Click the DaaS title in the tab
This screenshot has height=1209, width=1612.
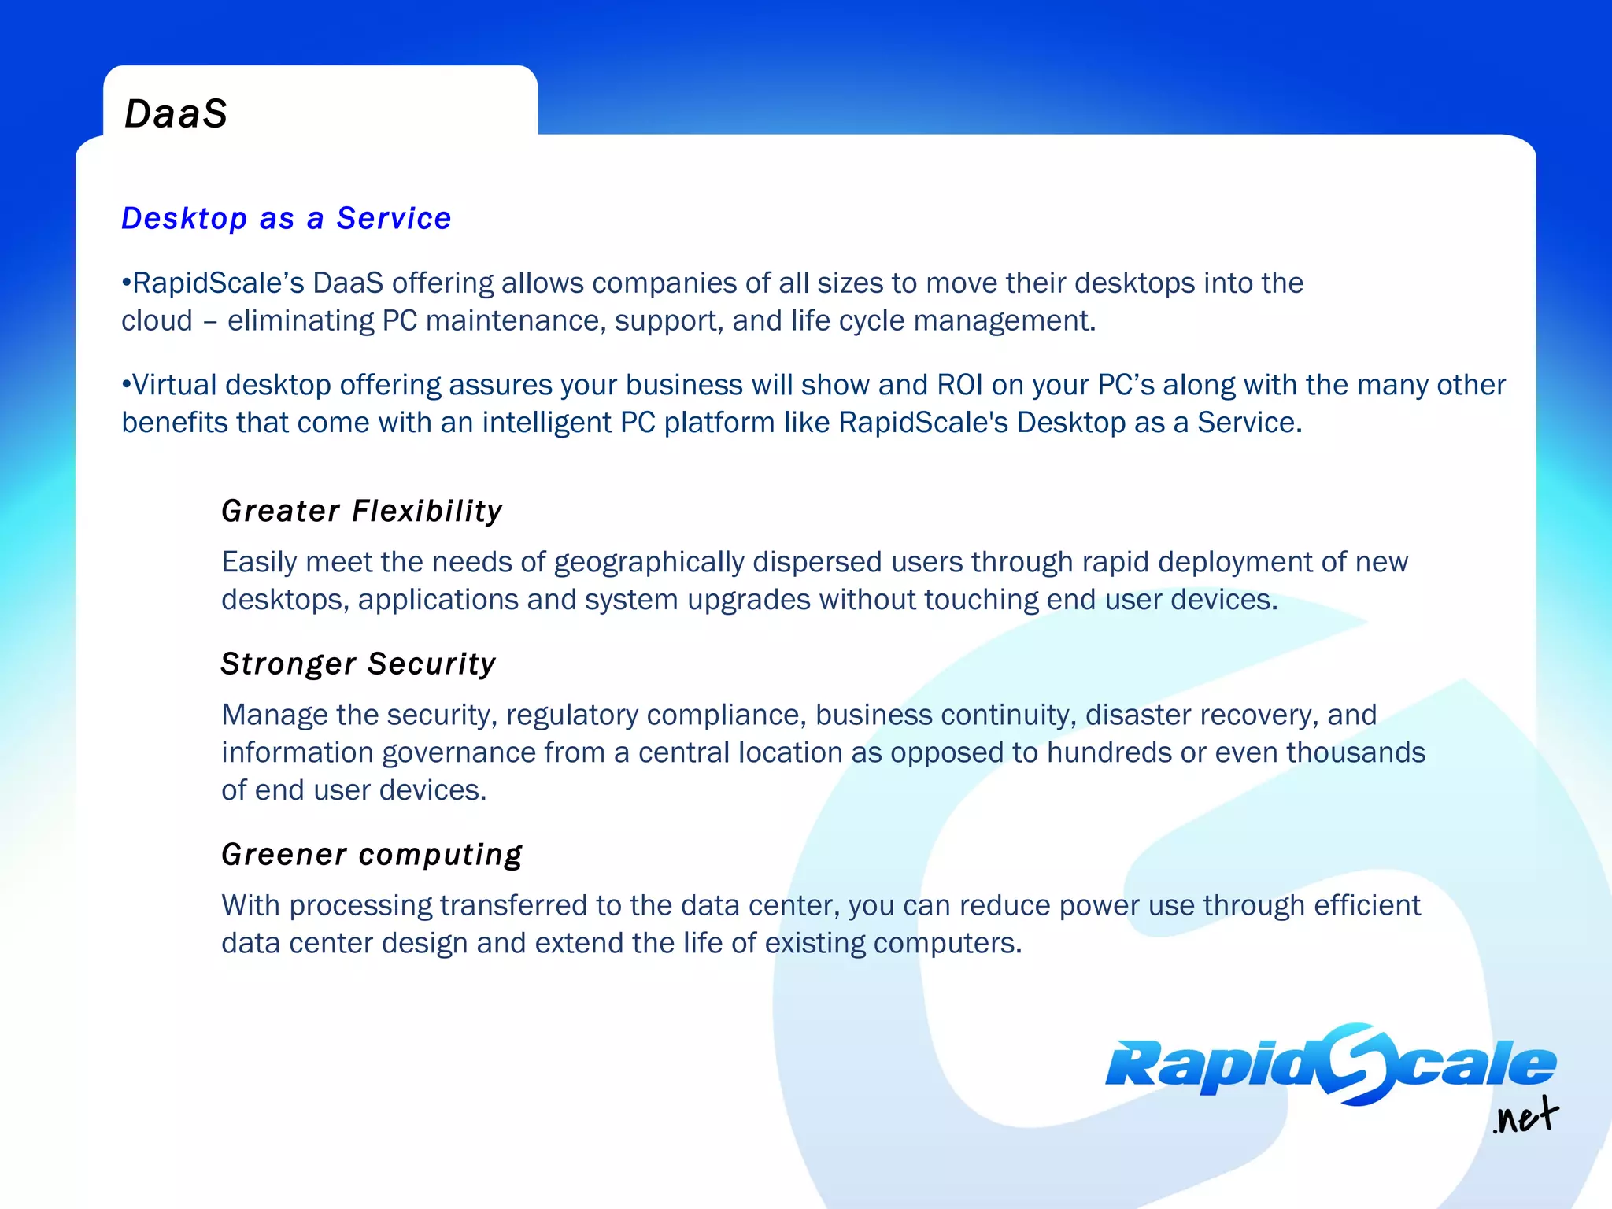176,113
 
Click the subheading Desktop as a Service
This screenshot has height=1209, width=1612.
287,218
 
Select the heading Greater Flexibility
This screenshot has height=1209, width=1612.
362,511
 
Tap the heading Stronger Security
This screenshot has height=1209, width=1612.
358,664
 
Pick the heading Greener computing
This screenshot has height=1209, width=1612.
372,854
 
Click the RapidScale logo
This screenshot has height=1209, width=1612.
1330,1065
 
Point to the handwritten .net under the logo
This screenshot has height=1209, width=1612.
1525,1117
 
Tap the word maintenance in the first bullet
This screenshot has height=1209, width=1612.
516,321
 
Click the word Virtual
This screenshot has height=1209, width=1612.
174,385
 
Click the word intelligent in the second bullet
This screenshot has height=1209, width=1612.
547,423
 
